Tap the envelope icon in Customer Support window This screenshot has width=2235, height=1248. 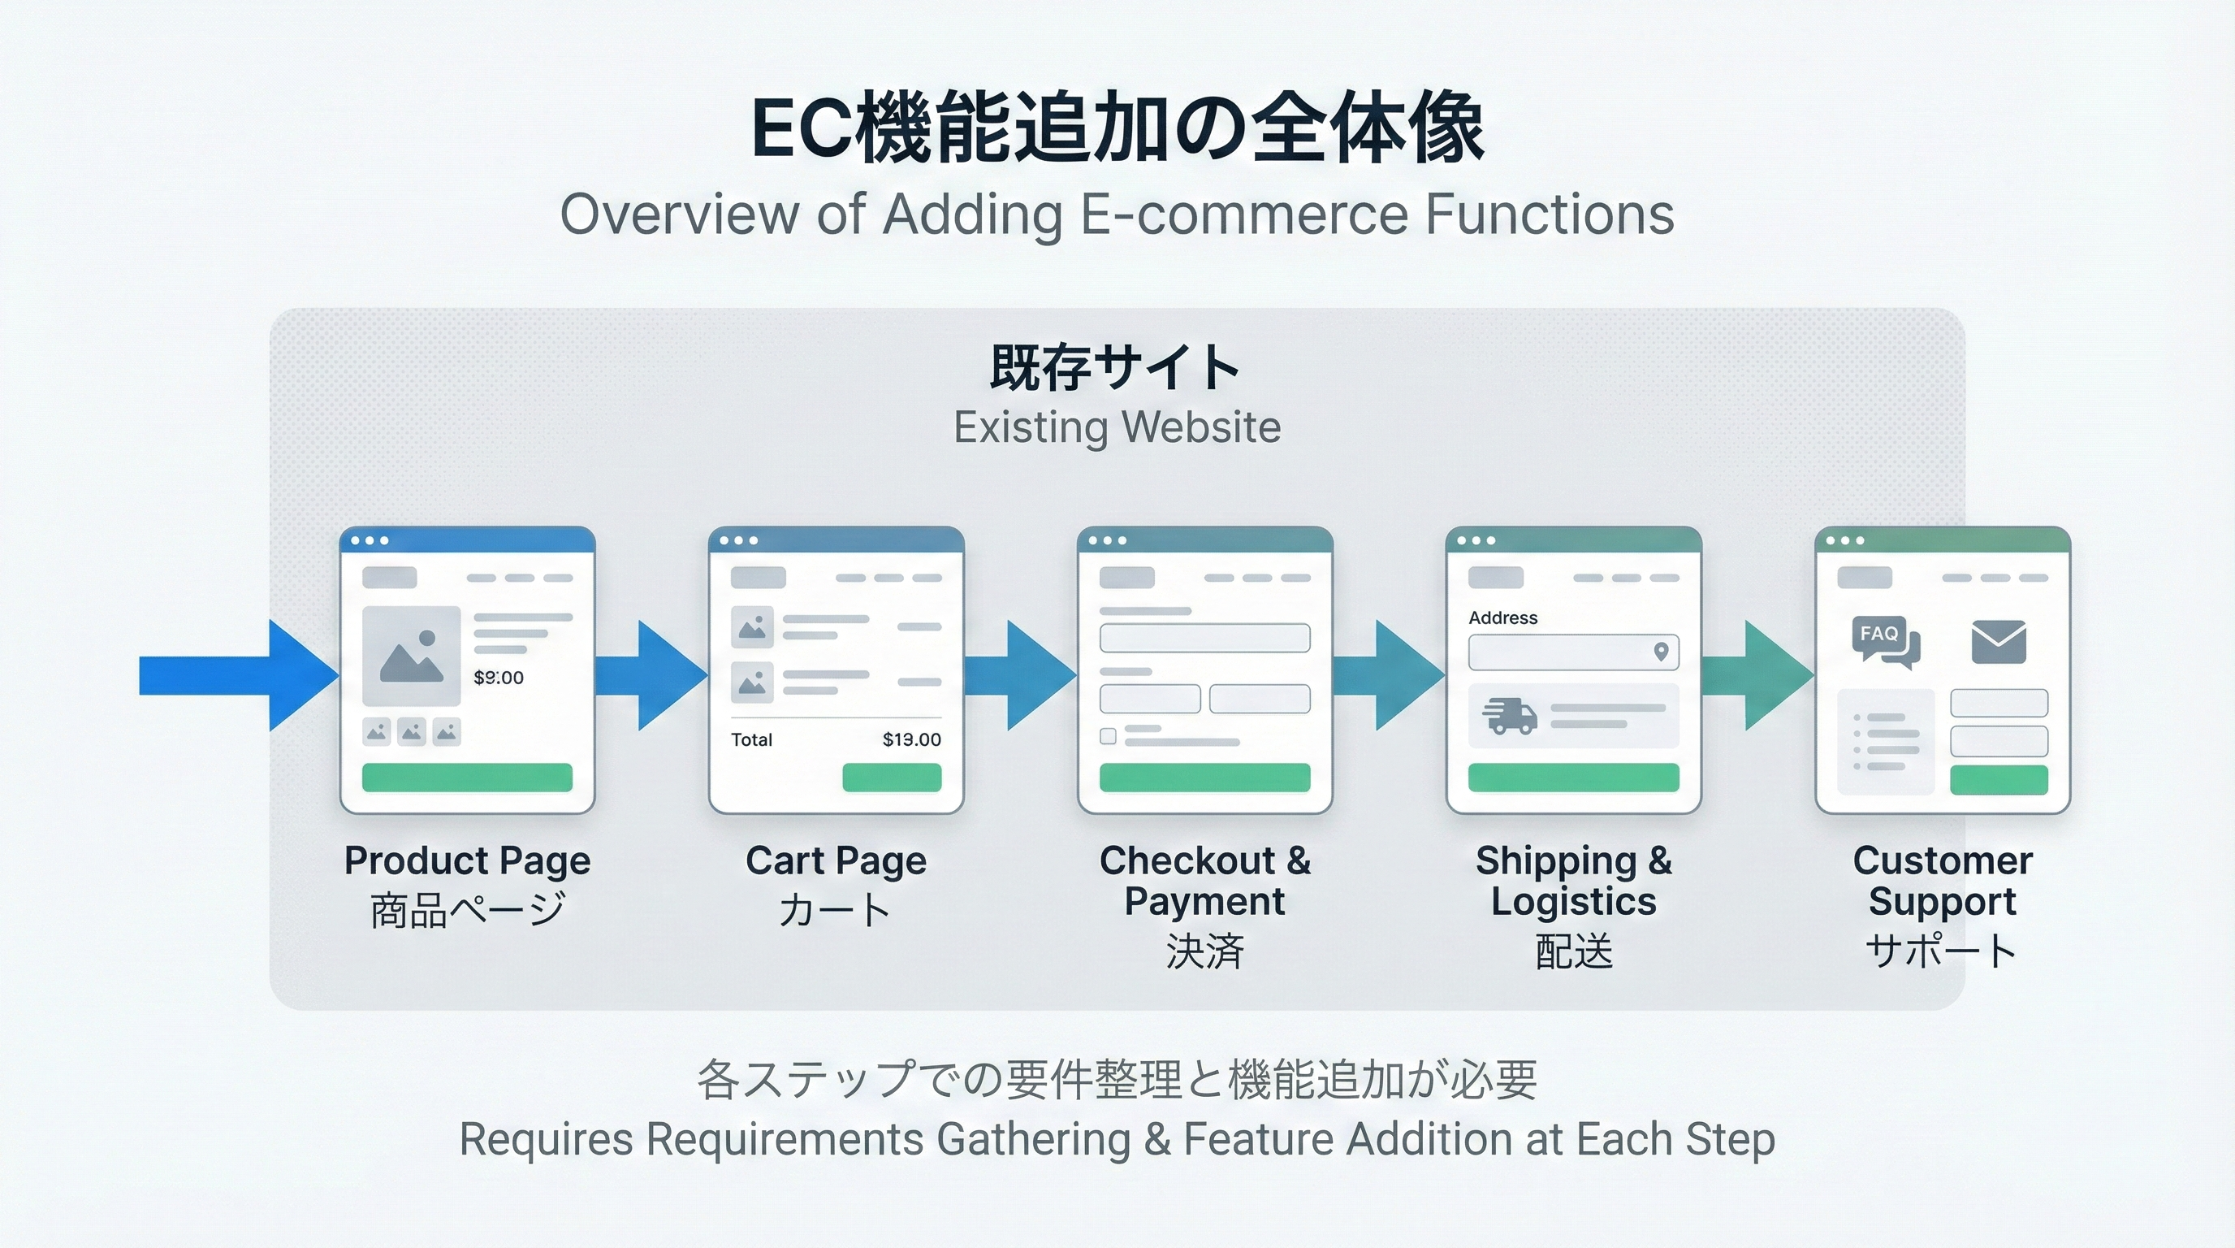tap(1998, 641)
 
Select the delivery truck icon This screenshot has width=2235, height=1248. tap(1509, 716)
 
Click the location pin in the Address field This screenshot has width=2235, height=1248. tap(1661, 652)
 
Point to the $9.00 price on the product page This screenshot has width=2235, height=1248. tap(498, 678)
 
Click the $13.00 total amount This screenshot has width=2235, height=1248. tap(911, 739)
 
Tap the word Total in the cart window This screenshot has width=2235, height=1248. tap(751, 739)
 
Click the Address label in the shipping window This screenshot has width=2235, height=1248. tap(1502, 618)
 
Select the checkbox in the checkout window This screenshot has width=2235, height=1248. tap(1108, 736)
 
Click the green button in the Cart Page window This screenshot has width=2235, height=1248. tap(891, 778)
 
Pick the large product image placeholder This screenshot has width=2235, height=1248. tap(411, 655)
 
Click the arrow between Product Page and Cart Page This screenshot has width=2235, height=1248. tap(652, 675)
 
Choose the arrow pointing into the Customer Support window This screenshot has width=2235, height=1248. tap(1758, 675)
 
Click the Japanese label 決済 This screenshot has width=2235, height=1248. tap(1204, 951)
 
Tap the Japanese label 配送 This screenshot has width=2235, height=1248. tap(1573, 951)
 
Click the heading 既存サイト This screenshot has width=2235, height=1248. tap(1116, 368)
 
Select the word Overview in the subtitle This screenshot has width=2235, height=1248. tap(679, 214)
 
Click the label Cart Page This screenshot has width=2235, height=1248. tap(836, 861)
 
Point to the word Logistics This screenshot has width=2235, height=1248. tap(1573, 902)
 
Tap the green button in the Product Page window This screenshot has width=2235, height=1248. tap(467, 778)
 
